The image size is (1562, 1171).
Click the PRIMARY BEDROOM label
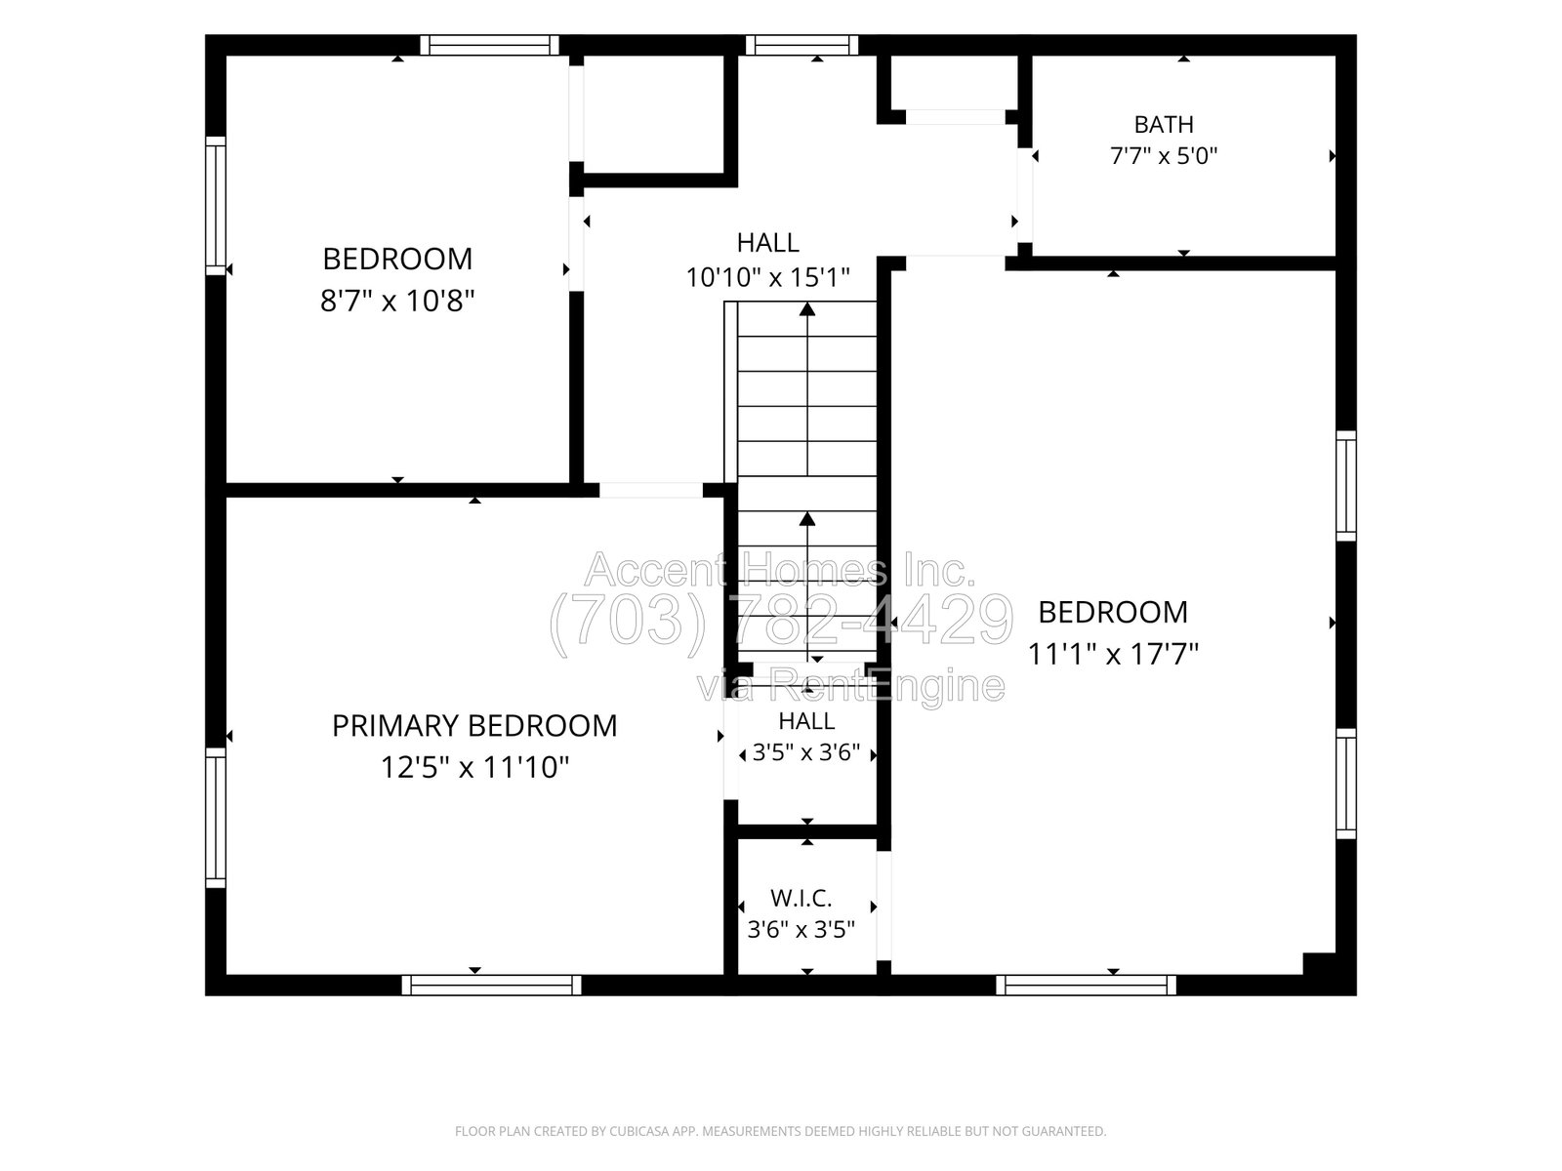coord(474,726)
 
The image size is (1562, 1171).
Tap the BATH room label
coord(1164,125)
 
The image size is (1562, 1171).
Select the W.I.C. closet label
coord(802,899)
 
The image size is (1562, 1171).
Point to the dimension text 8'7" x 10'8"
coord(397,301)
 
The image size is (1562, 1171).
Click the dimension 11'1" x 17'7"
coord(1113,654)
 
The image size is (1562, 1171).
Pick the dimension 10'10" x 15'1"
coord(768,276)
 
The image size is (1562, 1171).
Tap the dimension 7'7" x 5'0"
coord(1164,156)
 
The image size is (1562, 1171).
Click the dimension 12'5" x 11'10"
coord(474,767)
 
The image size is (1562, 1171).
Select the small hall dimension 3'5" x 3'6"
coord(806,752)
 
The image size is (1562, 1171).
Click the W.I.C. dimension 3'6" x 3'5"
coord(802,929)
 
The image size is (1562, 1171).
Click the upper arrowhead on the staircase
coord(807,309)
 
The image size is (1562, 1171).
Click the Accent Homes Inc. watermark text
coord(779,570)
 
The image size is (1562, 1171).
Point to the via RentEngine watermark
coord(851,686)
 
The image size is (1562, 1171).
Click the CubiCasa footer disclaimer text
coord(781,1131)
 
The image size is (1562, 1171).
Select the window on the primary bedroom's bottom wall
coord(492,986)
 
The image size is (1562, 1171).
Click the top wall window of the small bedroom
coord(490,46)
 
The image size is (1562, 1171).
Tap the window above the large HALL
coord(802,46)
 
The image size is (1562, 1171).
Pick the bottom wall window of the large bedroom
coord(1086,986)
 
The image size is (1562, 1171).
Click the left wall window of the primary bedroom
coord(216,818)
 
